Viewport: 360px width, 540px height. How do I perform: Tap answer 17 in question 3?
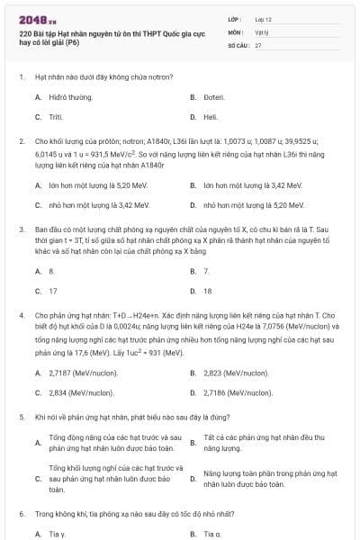click(x=53, y=291)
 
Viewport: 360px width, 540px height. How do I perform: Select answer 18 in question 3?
click(x=208, y=291)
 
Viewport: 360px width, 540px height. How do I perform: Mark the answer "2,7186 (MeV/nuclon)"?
click(x=238, y=392)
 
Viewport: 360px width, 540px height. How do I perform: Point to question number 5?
click(x=21, y=417)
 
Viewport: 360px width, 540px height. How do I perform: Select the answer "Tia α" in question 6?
click(x=211, y=534)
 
